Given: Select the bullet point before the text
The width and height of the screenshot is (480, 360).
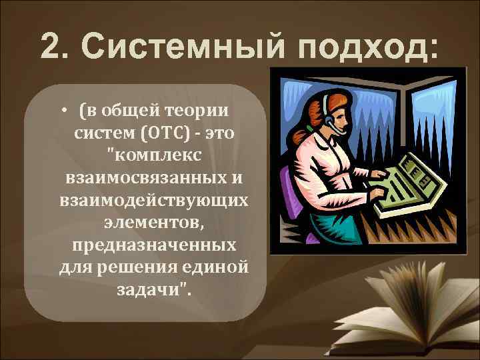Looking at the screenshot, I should [x=68, y=111].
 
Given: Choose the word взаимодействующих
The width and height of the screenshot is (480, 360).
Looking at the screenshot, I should [x=153, y=201].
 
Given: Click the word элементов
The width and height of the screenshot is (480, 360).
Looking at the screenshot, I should [x=153, y=223].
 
